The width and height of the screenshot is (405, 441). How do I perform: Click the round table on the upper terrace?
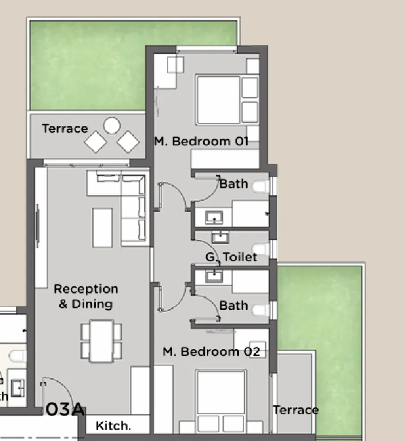[112, 125]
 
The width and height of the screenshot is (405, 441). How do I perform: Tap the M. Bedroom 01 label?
[201, 142]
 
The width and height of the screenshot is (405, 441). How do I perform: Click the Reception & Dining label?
[86, 296]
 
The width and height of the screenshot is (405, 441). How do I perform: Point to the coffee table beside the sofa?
[102, 227]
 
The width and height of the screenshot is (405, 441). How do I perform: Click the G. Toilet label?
[231, 257]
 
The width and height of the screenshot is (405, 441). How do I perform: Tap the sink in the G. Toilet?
[220, 237]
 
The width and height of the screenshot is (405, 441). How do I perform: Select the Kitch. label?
[113, 426]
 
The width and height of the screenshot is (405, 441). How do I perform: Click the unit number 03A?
[65, 410]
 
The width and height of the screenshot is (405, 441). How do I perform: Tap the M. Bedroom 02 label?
[211, 352]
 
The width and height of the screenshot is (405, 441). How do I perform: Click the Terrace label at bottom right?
[295, 410]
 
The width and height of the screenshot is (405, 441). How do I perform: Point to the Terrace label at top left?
[65, 129]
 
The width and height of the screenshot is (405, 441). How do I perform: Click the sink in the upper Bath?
[214, 217]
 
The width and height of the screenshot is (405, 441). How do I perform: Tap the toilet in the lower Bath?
[260, 311]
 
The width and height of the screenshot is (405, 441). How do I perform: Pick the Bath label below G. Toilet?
[233, 305]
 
